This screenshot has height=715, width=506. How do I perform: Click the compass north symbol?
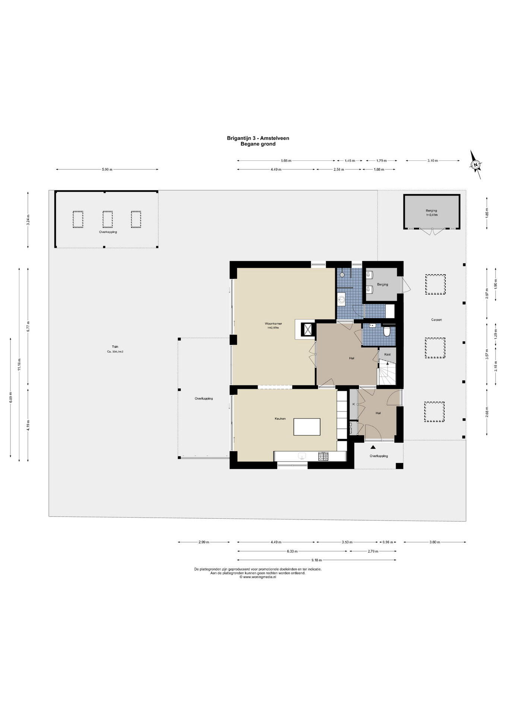pyautogui.click(x=475, y=165)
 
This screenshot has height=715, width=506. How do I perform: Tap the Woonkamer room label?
pyautogui.click(x=273, y=324)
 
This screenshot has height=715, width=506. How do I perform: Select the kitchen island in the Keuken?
pyautogui.click(x=307, y=427)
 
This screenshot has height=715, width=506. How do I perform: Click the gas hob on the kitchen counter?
pyautogui.click(x=323, y=456)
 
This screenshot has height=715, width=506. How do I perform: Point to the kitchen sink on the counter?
pyautogui.click(x=302, y=456)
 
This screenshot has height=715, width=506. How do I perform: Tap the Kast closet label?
pyautogui.click(x=388, y=354)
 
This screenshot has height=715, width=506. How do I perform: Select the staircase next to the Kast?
pyautogui.click(x=387, y=374)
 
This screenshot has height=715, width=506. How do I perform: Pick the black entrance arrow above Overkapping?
pyautogui.click(x=373, y=448)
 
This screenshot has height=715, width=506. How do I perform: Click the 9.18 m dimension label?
pyautogui.click(x=317, y=560)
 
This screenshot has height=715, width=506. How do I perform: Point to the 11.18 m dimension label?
pyautogui.click(x=19, y=361)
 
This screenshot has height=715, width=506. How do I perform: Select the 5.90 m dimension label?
pyautogui.click(x=107, y=169)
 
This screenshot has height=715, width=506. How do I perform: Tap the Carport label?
pyautogui.click(x=436, y=320)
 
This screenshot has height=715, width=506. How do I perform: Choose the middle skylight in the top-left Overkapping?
pyautogui.click(x=108, y=219)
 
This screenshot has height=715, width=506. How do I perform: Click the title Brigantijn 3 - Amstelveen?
pyautogui.click(x=258, y=138)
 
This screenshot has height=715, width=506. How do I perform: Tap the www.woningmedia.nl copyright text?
pyautogui.click(x=257, y=577)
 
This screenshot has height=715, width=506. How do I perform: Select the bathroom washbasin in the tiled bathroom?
pyautogui.click(x=342, y=299)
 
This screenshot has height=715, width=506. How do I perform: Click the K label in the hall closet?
pyautogui.click(x=354, y=404)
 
